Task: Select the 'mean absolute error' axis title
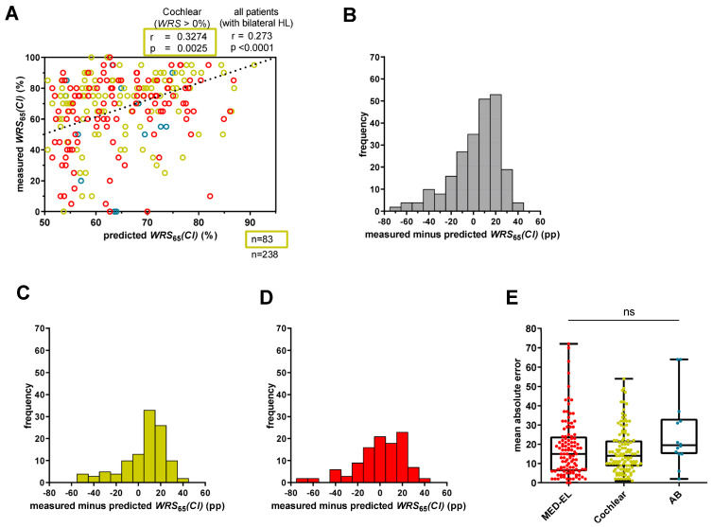(514, 406)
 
